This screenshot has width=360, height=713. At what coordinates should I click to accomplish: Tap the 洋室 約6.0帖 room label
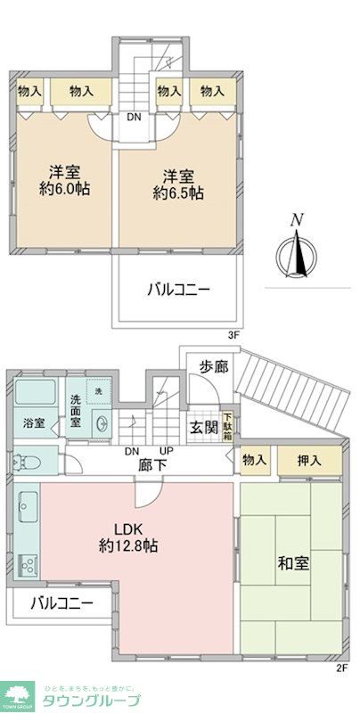[x=67, y=181]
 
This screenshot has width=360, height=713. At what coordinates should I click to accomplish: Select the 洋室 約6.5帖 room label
[x=176, y=183]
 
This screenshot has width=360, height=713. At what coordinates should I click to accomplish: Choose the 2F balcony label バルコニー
[x=61, y=603]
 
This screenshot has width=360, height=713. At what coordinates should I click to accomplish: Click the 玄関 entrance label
[x=202, y=427]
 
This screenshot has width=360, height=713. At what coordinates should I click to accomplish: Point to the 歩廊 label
[x=211, y=365]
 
